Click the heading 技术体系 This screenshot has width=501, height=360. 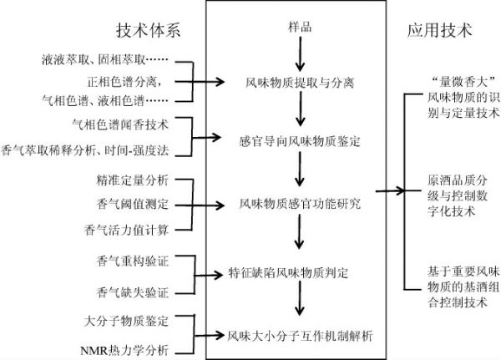tap(149, 31)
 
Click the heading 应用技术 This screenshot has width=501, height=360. tap(440, 31)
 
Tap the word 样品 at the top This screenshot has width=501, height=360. tap(300, 28)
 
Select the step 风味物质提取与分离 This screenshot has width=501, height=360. tap(300, 83)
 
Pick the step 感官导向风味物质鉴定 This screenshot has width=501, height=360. tap(300, 141)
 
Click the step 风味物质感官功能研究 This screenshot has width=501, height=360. tap(300, 203)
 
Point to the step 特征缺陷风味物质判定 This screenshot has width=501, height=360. tap(288, 273)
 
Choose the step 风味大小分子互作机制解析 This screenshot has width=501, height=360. tap(300, 336)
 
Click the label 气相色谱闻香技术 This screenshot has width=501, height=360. tap(120, 124)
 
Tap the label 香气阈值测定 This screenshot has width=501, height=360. tap(133, 204)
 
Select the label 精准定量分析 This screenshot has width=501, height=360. tap(133, 180)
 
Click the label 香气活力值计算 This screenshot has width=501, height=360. tap(127, 230)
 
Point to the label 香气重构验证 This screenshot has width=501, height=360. tap(133, 261)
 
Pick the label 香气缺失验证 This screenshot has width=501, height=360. tap(133, 292)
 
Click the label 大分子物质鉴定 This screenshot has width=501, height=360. tap(127, 321)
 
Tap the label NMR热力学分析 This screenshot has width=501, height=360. tap(124, 351)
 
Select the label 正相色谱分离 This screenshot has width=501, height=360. tap(122, 82)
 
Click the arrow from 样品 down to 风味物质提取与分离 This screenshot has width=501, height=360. tap(300, 54)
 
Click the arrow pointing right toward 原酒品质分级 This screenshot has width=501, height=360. tap(390, 191)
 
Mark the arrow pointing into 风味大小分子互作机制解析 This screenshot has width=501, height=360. tap(210, 336)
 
